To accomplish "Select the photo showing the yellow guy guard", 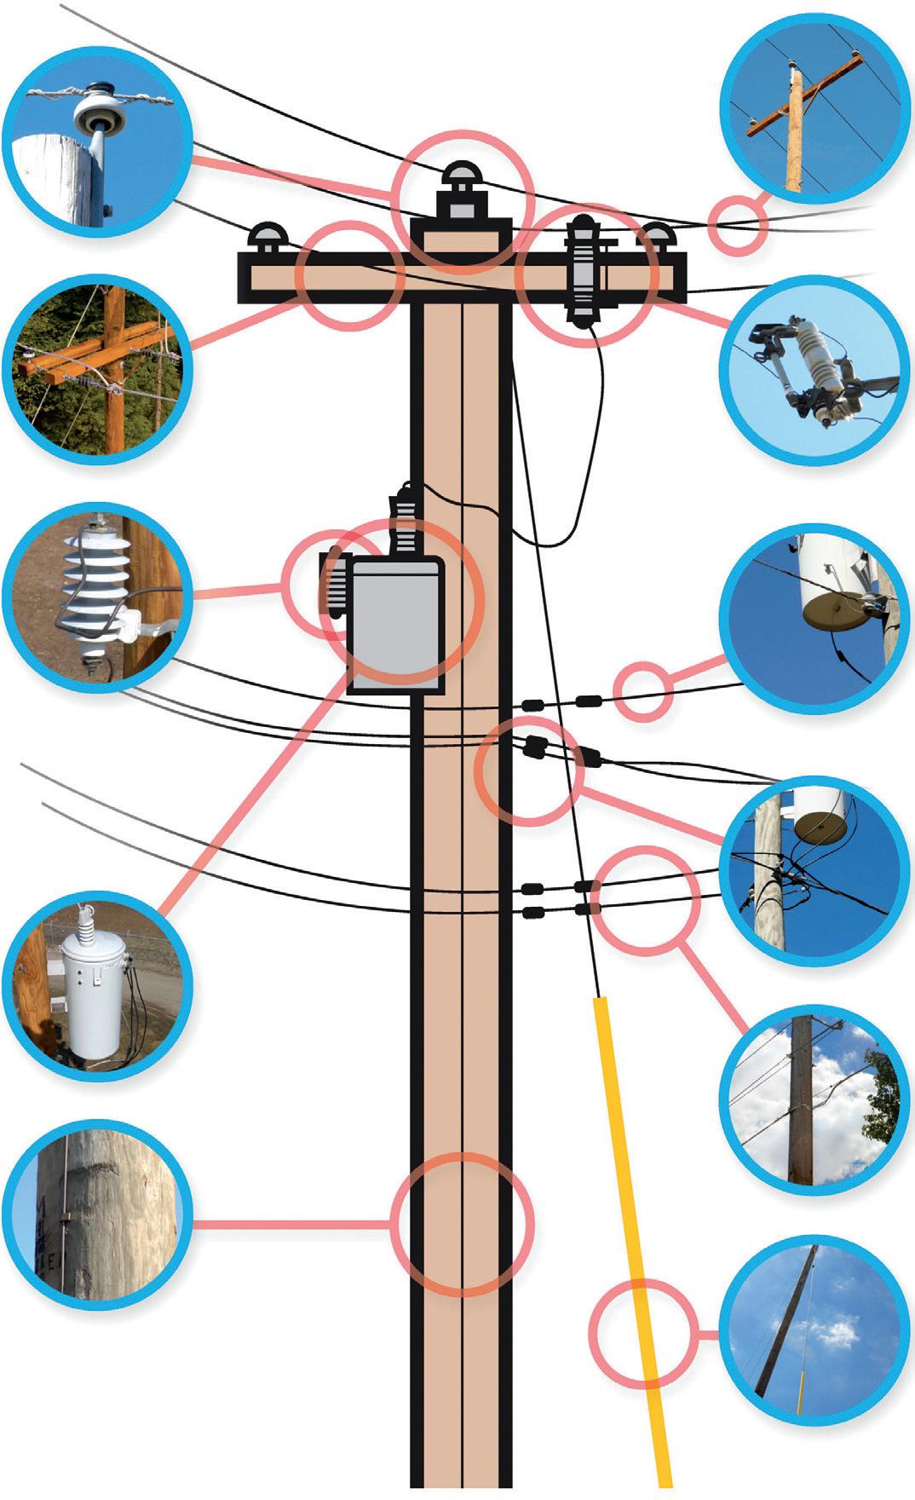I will pos(810,1330).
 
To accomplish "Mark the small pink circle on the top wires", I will pos(738,223).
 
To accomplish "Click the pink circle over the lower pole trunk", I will pos(462,1225).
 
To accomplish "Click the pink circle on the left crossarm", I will pos(350,275).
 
